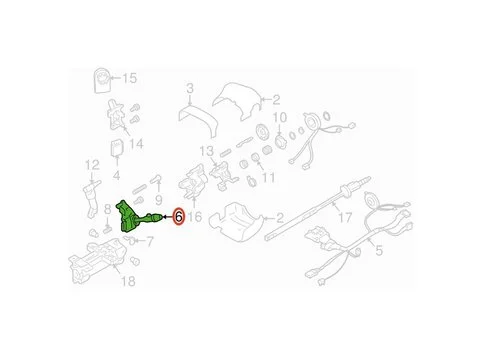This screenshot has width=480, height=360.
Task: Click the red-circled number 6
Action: point(179,217)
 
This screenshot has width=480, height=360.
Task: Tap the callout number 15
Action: point(130,78)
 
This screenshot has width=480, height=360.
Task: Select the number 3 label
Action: point(190,88)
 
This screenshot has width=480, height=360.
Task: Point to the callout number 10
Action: point(280,117)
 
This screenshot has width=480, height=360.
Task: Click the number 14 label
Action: point(136,144)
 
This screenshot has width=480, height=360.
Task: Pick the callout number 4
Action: point(116,175)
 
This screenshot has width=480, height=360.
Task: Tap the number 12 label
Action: point(92,165)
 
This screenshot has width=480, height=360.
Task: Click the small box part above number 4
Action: point(117,147)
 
